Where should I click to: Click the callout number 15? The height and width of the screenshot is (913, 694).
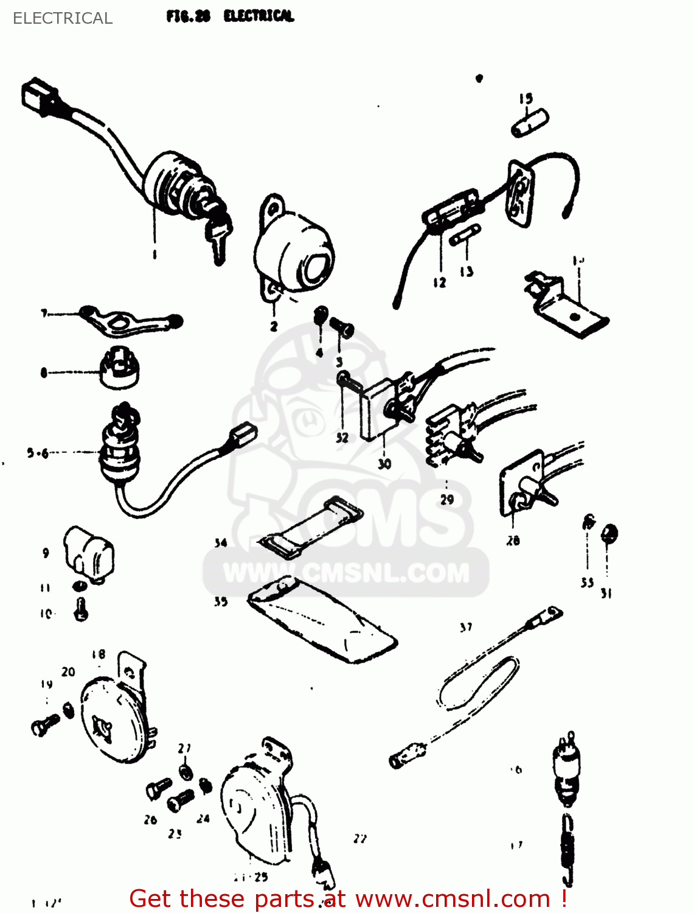click(x=526, y=98)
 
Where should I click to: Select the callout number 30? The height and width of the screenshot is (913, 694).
click(x=384, y=464)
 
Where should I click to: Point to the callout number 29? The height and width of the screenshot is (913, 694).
click(x=447, y=500)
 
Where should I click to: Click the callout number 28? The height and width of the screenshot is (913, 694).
click(x=513, y=540)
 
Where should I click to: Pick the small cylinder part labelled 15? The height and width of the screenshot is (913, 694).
click(x=530, y=124)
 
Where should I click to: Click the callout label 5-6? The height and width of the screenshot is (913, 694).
click(x=36, y=453)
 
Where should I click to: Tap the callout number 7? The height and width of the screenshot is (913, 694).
click(x=44, y=313)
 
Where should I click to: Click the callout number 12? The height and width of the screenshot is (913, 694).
click(x=440, y=282)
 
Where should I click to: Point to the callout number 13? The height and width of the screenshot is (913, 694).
click(x=467, y=271)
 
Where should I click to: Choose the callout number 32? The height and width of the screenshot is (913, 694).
click(x=342, y=437)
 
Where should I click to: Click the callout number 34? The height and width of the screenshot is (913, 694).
click(x=221, y=543)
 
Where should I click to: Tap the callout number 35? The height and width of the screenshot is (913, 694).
click(x=221, y=601)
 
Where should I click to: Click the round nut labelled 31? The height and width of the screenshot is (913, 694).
click(x=609, y=534)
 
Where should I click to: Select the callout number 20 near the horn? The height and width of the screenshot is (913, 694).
click(x=68, y=672)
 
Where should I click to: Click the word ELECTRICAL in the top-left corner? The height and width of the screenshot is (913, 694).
click(x=63, y=18)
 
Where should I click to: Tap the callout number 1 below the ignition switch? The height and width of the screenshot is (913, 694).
click(x=154, y=254)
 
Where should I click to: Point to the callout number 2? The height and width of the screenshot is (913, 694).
click(x=274, y=326)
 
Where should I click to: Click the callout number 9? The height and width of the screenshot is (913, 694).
click(x=46, y=553)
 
